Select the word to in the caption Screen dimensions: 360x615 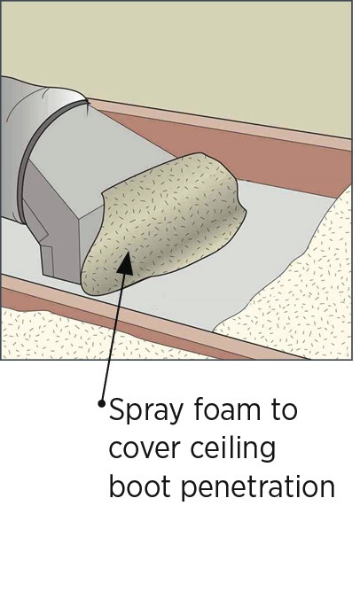[284, 410]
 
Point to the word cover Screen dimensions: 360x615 [145, 448]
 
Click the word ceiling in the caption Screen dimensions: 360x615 [233, 449]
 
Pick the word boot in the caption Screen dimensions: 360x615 [140, 486]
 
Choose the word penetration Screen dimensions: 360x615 [258, 488]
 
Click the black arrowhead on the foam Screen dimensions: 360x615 [126, 262]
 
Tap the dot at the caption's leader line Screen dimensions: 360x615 [102, 403]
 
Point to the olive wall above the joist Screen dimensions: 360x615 [176, 51]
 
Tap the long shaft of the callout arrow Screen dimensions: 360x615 [113, 333]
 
